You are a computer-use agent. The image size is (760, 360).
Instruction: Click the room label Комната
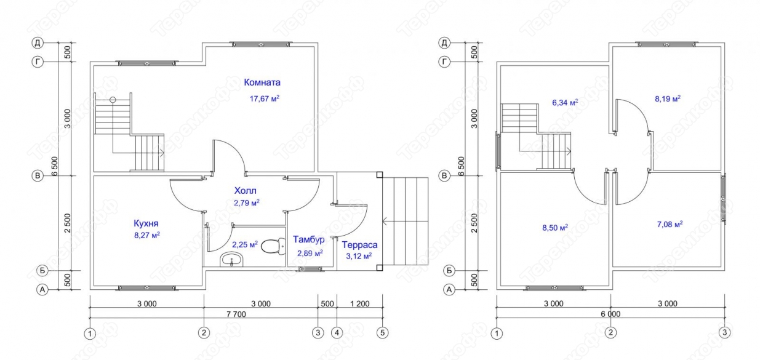click(x=262, y=82)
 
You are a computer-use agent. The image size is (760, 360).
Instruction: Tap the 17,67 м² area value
click(x=265, y=98)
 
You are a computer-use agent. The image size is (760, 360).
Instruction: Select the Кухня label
click(x=146, y=223)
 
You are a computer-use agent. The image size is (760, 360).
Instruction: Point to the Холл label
click(x=246, y=190)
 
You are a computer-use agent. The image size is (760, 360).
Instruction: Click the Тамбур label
click(x=309, y=239)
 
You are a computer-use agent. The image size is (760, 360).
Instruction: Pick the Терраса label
click(x=359, y=245)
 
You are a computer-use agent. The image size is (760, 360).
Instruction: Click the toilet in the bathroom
click(x=273, y=246)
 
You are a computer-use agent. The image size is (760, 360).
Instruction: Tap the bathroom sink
click(x=232, y=260)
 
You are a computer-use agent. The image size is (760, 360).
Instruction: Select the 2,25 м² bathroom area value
click(x=245, y=244)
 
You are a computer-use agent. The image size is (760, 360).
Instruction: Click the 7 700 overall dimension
click(x=236, y=314)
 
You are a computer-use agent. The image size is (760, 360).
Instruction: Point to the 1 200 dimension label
click(x=359, y=303)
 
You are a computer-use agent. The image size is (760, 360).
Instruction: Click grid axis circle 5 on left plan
click(x=382, y=333)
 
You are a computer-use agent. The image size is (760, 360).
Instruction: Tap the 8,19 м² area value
click(x=668, y=98)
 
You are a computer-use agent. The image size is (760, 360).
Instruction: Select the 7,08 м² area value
click(x=670, y=224)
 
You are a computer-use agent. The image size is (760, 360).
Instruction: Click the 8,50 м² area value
click(x=555, y=228)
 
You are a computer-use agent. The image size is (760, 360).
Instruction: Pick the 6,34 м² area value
click(x=565, y=103)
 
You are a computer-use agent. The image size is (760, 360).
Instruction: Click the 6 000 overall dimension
click(x=610, y=314)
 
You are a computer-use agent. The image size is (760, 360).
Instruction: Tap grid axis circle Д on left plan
click(x=38, y=42)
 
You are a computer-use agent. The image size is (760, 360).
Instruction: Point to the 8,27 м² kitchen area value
click(x=147, y=235)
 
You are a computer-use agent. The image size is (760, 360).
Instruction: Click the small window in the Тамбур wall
click(x=310, y=270)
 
